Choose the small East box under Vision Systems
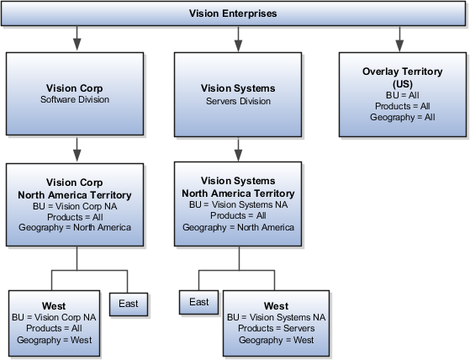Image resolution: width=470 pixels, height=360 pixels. point(199,303)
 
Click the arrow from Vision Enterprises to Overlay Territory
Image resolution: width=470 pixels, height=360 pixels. point(399,38)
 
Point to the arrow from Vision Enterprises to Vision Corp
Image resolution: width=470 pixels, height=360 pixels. point(77,38)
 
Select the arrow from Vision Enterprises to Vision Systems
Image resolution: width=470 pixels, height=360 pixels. point(238,38)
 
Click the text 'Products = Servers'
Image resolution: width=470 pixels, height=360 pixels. point(276,329)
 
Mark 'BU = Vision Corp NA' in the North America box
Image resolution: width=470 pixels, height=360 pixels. point(77,205)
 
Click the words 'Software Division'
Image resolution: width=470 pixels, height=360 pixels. point(77,99)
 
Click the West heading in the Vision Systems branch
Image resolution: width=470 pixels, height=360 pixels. point(276,306)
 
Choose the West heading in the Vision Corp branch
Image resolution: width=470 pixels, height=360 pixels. point(54,306)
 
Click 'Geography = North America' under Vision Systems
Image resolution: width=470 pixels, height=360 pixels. point(238,227)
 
